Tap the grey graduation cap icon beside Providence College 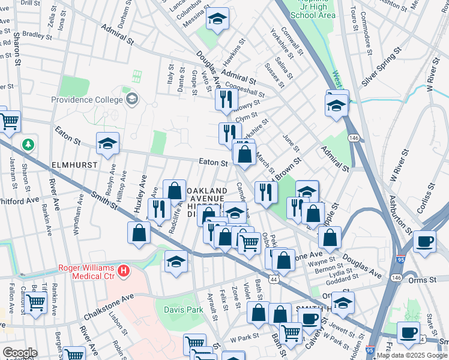[132, 98]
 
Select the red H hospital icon [124, 272]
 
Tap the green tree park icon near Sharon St [28, 145]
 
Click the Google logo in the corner [19, 353]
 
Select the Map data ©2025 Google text [411, 356]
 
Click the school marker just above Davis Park [176, 263]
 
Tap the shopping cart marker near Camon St [35, 303]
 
